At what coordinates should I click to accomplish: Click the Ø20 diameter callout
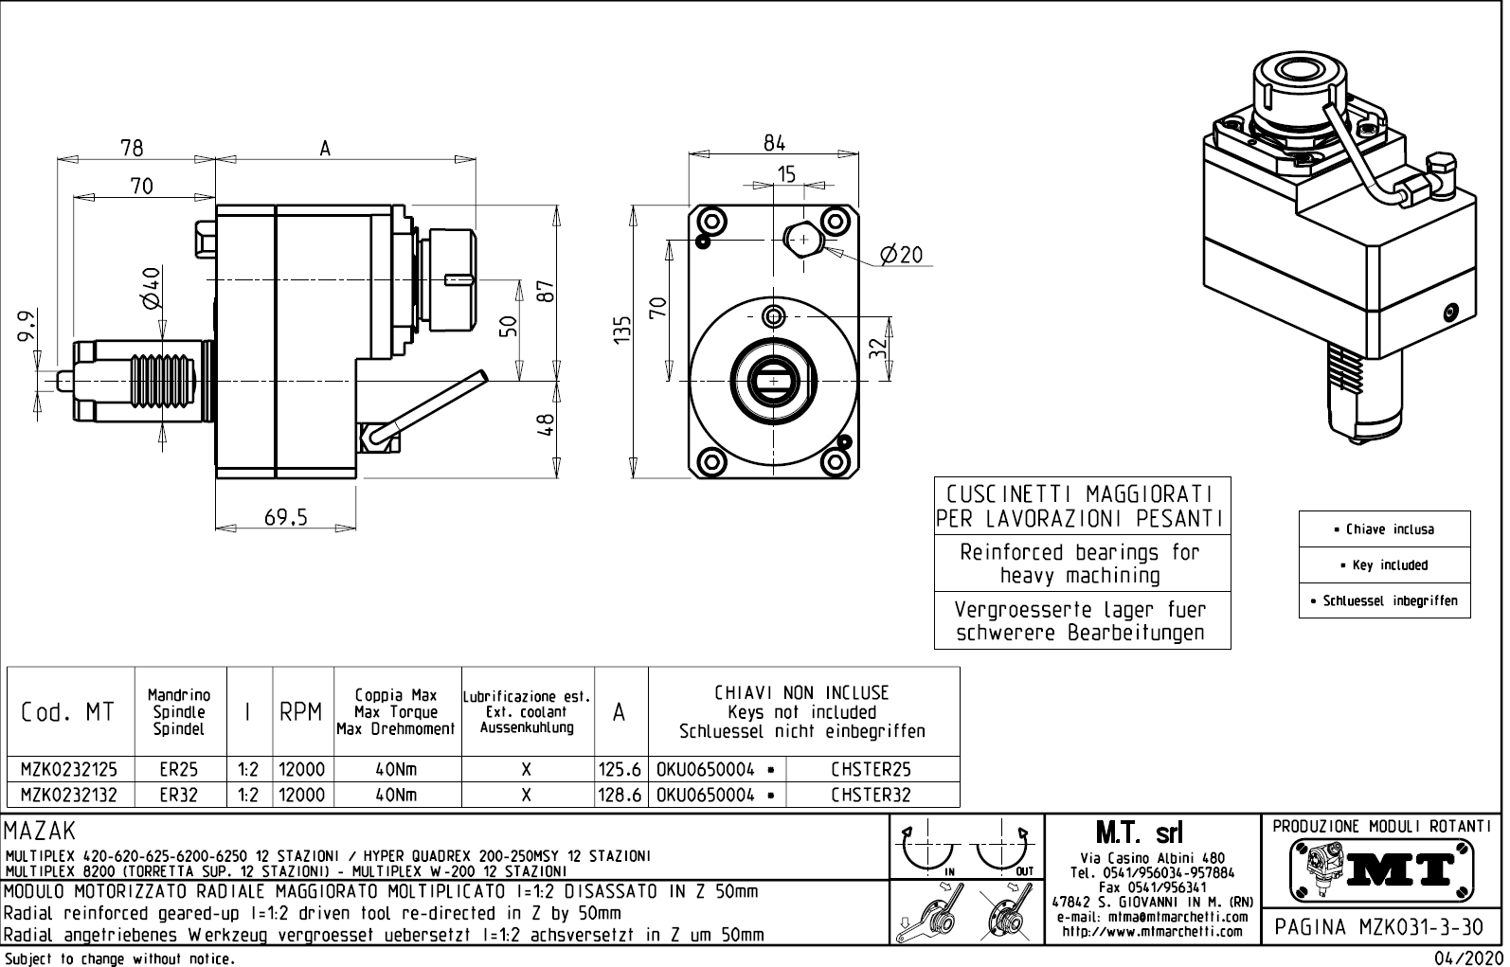pyautogui.click(x=900, y=255)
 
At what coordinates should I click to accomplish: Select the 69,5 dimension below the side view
pyautogui.click(x=285, y=517)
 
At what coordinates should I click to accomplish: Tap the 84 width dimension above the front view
pyautogui.click(x=774, y=143)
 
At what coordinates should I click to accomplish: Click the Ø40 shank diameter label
pyautogui.click(x=151, y=287)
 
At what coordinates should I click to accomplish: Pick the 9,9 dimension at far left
pyautogui.click(x=27, y=328)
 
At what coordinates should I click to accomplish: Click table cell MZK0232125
pyautogui.click(x=70, y=769)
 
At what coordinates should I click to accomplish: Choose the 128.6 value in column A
pyautogui.click(x=620, y=796)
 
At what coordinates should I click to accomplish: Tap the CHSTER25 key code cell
pyautogui.click(x=871, y=769)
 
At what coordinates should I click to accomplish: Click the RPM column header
pyautogui.click(x=301, y=712)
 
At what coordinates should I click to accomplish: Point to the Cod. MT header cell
pyautogui.click(x=67, y=712)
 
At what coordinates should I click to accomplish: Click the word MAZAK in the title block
pyautogui.click(x=39, y=832)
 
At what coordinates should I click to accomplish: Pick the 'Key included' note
pyautogui.click(x=1384, y=565)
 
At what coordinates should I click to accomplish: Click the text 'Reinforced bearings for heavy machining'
pyautogui.click(x=1081, y=564)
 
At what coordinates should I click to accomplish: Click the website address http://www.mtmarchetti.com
pyautogui.click(x=1152, y=932)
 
